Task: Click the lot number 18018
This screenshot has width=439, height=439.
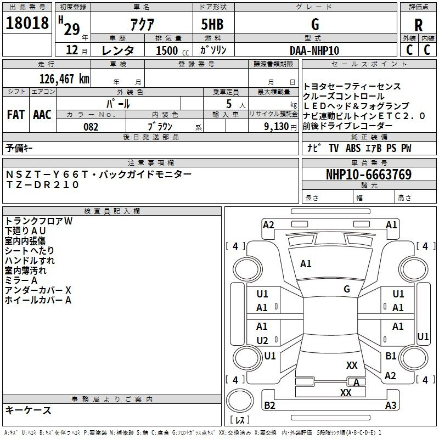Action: tap(27, 25)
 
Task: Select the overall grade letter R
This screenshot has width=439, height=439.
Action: tap(418, 26)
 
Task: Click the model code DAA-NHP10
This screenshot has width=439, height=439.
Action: tap(314, 50)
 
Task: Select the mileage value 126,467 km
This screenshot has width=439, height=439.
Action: tap(64, 78)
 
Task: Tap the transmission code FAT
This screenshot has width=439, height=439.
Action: tap(16, 115)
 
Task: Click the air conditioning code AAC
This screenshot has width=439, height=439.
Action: tap(42, 115)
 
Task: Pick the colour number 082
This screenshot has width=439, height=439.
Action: tap(91, 127)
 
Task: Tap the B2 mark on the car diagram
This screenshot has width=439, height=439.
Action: tap(270, 406)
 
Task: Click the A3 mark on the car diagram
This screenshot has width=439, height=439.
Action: tap(391, 406)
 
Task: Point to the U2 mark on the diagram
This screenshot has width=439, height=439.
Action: tap(262, 340)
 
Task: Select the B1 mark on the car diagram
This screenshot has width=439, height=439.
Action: tap(391, 356)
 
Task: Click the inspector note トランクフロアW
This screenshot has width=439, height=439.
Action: tap(38, 221)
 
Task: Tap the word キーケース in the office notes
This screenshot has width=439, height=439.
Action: tap(28, 410)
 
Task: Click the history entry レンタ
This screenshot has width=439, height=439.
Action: tap(118, 50)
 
